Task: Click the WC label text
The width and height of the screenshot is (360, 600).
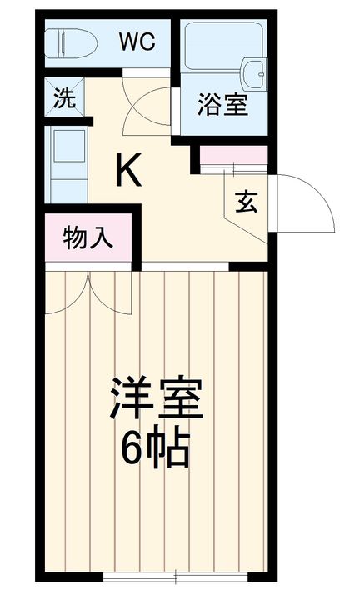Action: pyautogui.click(x=136, y=43)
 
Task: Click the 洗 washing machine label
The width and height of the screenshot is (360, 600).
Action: pyautogui.click(x=64, y=98)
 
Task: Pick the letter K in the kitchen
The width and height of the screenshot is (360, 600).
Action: pyautogui.click(x=127, y=171)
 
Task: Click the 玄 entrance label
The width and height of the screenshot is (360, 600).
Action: pyautogui.click(x=246, y=202)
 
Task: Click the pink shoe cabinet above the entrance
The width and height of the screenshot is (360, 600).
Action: pyautogui.click(x=233, y=155)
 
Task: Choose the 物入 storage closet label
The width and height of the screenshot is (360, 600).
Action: pyautogui.click(x=88, y=238)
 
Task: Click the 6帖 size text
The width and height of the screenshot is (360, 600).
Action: pyautogui.click(x=156, y=450)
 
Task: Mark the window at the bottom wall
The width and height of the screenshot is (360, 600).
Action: pyautogui.click(x=177, y=576)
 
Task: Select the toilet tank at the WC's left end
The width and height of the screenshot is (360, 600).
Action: pyautogui.click(x=53, y=43)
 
